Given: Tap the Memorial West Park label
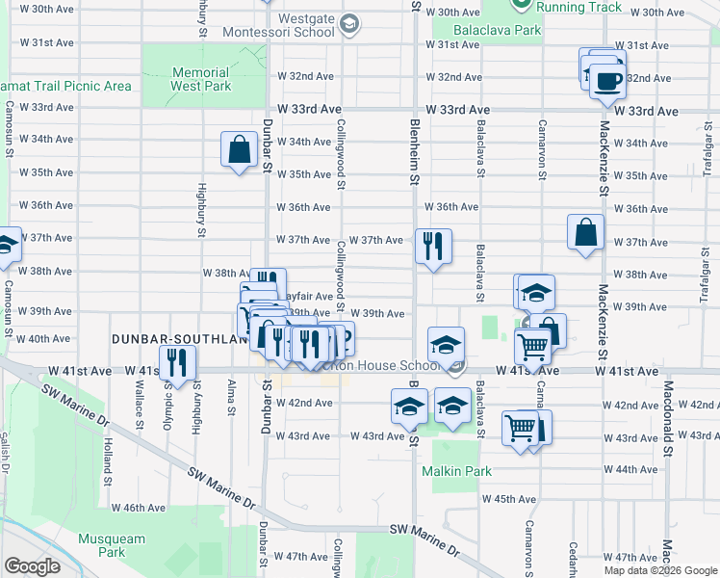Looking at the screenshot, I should click(201, 79).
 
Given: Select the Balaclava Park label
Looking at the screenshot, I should click(501, 30).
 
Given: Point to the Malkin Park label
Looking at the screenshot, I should click(456, 471).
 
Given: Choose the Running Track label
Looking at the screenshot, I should click(579, 7).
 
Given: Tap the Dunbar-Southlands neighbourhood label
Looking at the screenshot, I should click(173, 339).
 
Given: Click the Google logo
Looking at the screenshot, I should click(32, 566).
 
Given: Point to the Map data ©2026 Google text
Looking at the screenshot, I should click(660, 570).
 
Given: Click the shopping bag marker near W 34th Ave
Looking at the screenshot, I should click(239, 150).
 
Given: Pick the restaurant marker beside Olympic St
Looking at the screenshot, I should click(177, 361).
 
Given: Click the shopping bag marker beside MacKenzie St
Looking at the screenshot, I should click(586, 232).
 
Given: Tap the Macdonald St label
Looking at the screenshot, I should click(666, 406).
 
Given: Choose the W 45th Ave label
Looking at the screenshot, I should click(514, 499).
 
